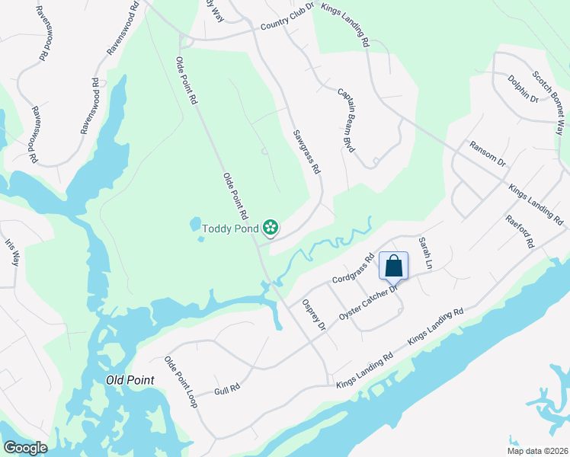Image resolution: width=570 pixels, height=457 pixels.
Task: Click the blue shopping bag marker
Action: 394,267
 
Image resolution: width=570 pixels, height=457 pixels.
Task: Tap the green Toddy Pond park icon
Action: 270,227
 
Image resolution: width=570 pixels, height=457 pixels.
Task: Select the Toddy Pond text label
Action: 230,228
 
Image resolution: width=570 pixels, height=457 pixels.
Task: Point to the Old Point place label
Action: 130,380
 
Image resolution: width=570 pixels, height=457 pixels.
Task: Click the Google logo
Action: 24,448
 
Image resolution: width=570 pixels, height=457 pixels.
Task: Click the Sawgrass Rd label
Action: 306,152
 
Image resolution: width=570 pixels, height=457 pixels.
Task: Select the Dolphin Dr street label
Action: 523,88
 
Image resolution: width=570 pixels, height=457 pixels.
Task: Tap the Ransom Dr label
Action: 488,153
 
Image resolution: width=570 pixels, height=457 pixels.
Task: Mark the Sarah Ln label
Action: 425,259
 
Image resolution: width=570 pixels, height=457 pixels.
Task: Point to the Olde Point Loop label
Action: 181,381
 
